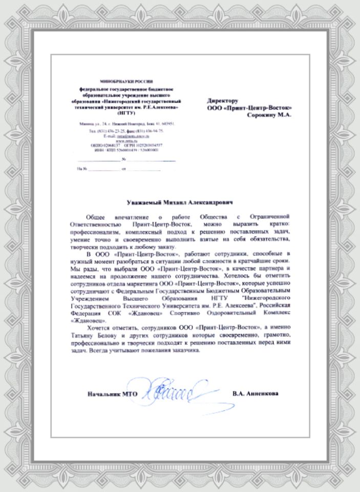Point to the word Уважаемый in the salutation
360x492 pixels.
[x=144, y=203]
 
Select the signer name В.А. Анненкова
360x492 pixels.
[x=255, y=394]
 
